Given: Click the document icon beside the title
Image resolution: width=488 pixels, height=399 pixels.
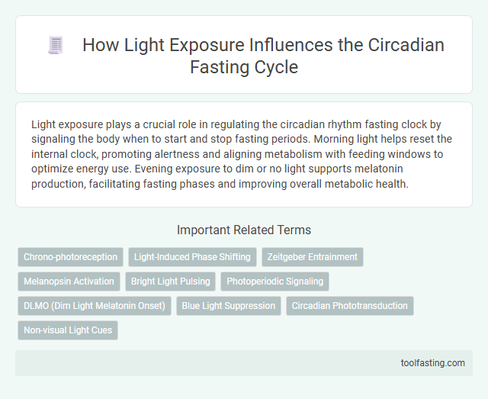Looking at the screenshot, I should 55,46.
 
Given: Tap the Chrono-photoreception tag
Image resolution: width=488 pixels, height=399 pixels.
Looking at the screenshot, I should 70,257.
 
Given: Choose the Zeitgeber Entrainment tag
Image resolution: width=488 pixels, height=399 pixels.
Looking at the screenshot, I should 313,257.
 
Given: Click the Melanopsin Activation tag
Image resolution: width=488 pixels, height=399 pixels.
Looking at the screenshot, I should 69,282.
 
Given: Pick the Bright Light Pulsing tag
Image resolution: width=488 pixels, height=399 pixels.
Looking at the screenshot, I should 170,282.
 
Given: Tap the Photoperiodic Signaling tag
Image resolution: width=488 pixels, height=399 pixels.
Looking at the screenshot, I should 274,282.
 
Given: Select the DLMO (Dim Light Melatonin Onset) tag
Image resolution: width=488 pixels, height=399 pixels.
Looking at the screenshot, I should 94,306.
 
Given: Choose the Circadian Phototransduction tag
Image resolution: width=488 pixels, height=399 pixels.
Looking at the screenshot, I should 348,306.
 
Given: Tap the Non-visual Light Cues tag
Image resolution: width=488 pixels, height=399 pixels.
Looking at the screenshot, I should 68,330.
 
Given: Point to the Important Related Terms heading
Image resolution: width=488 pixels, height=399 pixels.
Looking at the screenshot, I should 244,229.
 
